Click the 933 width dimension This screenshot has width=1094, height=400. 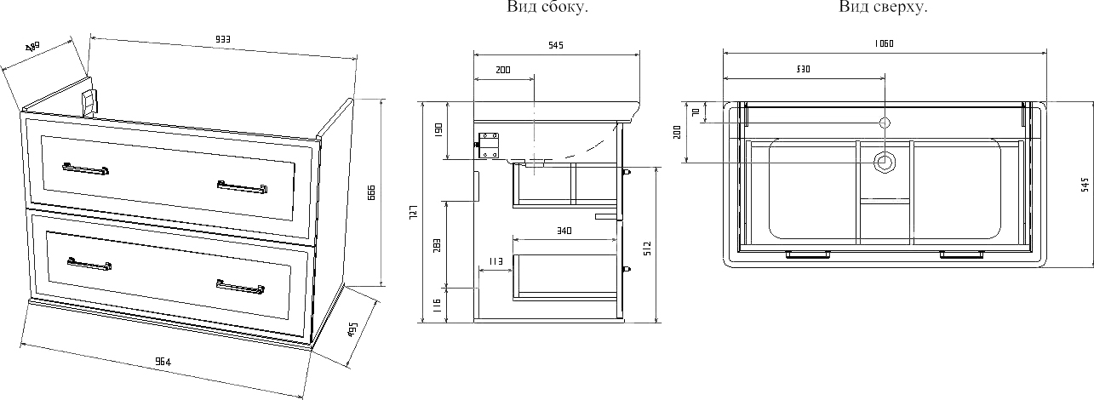(223, 39)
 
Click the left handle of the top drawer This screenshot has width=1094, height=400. (85, 169)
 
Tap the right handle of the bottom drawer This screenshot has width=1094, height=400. (240, 287)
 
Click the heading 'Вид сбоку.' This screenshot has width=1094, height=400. (547, 8)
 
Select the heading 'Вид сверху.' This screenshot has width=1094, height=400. (883, 8)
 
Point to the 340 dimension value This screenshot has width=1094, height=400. (563, 231)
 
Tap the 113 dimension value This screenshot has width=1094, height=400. (495, 260)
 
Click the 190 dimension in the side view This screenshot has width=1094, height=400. (438, 131)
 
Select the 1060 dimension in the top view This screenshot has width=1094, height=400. (883, 43)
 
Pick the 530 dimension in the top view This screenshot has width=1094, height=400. (802, 68)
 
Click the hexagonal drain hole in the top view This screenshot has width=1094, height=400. (885, 161)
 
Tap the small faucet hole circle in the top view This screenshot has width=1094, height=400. (885, 123)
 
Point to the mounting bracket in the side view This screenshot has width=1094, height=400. (489, 146)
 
